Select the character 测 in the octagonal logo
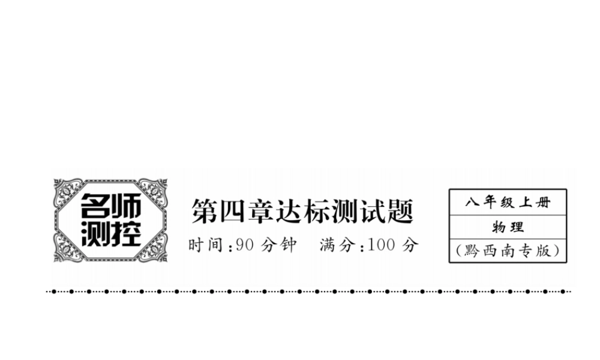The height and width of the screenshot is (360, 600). coord(94,234)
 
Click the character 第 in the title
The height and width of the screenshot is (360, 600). coord(204,211)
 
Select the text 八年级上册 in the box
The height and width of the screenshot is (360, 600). coord(507,202)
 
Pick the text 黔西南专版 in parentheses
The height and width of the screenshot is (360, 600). coord(507,250)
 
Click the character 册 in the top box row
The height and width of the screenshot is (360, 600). coord(543,202)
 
